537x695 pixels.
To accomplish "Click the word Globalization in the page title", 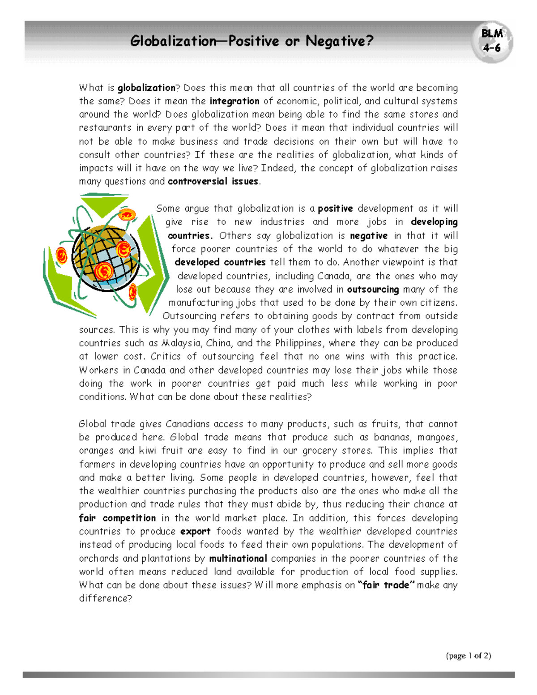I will [174, 41].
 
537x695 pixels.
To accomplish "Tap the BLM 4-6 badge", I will [492, 41].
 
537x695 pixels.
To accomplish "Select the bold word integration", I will [234, 101].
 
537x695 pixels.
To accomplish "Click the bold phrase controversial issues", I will [213, 182].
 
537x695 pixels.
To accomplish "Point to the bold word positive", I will [335, 209].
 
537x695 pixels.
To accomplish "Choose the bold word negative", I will [369, 236].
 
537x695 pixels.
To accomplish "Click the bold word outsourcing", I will [373, 290].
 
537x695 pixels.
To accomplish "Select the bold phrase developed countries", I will [220, 262].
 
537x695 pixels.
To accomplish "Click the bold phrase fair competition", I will [117, 518].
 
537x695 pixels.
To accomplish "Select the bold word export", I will [195, 532].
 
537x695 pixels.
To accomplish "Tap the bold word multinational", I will [238, 559].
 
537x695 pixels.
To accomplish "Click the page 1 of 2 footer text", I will [468, 656].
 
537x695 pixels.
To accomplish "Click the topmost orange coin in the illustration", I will [127, 215].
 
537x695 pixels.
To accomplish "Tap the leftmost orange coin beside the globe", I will [61, 256].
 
